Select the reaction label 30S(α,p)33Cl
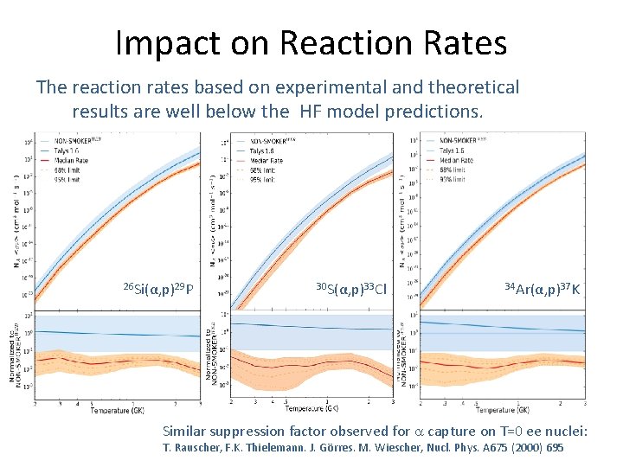pos(350,286)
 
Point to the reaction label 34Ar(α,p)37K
pos(543,286)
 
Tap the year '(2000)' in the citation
pos(517,447)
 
